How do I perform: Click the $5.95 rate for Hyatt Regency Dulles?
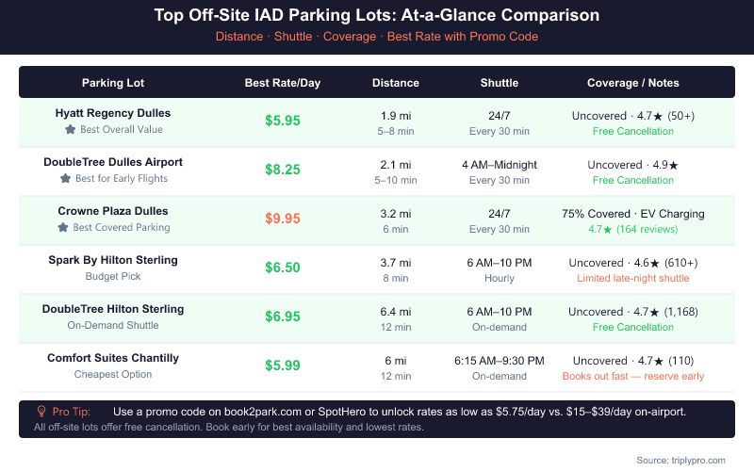click(x=283, y=122)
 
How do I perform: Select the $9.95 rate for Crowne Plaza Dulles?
click(x=283, y=219)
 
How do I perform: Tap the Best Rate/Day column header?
click(x=283, y=83)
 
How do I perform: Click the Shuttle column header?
click(x=500, y=83)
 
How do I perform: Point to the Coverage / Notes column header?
click(x=632, y=83)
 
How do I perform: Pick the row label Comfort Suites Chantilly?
click(x=113, y=358)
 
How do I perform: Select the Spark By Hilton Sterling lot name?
click(x=113, y=260)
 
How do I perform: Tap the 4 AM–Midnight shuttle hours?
click(x=500, y=165)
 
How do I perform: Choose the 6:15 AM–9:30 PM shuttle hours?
click(x=500, y=361)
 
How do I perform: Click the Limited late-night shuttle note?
click(x=632, y=278)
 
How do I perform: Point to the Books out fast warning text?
click(x=632, y=376)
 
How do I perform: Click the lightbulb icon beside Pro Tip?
click(x=41, y=412)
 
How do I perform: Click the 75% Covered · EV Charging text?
click(x=632, y=214)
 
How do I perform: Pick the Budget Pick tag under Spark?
click(x=113, y=277)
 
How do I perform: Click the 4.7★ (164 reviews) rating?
click(x=632, y=229)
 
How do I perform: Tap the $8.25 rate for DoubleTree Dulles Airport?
click(x=283, y=171)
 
